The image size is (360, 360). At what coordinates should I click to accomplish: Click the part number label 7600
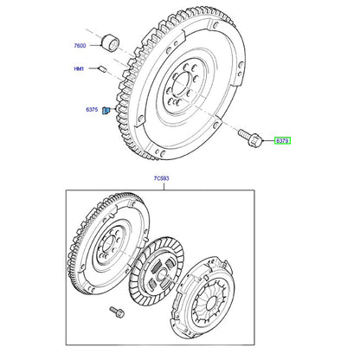click(x=80, y=46)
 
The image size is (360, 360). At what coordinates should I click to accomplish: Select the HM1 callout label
click(x=79, y=69)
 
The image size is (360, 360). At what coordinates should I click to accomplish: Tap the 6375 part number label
click(x=92, y=110)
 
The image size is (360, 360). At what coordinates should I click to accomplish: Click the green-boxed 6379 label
click(x=282, y=141)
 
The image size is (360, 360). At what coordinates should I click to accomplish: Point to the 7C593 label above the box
click(x=161, y=178)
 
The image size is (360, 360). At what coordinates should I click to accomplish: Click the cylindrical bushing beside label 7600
click(x=111, y=42)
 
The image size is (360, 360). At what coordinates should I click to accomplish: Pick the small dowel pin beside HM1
click(x=103, y=69)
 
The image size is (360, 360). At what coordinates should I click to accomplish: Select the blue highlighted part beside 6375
click(x=106, y=110)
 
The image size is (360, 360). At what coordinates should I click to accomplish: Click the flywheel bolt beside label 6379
click(x=250, y=138)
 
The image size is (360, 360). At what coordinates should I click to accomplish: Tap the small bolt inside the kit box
click(x=117, y=312)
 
